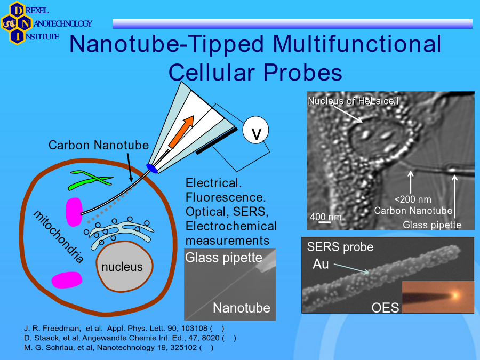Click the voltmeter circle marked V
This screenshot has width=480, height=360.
(255, 130)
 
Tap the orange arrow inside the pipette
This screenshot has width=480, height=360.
(181, 132)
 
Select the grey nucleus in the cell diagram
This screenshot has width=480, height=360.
(124, 266)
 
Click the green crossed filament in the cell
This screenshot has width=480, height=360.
(91, 180)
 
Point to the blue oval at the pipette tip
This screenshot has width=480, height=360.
(152, 169)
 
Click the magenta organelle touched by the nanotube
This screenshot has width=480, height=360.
(74, 212)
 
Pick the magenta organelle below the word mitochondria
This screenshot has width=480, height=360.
(67, 280)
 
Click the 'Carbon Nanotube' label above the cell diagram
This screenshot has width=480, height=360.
(99, 145)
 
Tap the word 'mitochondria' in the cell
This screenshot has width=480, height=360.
(58, 236)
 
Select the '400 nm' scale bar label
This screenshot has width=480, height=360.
(326, 217)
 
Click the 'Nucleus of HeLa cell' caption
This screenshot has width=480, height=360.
(353, 101)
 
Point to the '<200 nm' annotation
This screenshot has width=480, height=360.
(413, 199)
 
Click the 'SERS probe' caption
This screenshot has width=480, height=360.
(340, 247)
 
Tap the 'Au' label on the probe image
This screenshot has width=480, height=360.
(321, 264)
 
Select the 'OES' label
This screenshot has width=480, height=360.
(385, 308)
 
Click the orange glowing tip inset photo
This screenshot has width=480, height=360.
(438, 297)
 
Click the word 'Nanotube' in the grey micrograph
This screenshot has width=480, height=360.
(242, 308)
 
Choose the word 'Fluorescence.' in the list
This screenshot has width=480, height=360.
(226, 197)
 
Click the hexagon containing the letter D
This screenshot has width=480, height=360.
(17, 11)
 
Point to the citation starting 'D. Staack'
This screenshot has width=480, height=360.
(130, 338)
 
